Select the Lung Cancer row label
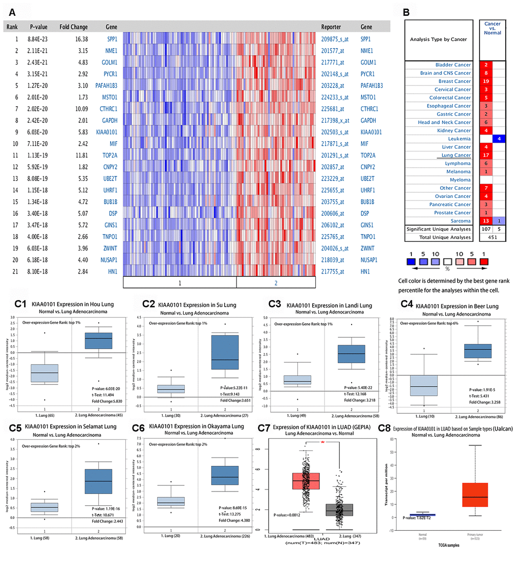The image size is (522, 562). [x=455, y=155]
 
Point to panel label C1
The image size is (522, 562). [x=21, y=303]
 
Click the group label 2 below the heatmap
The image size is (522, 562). [x=313, y=283]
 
